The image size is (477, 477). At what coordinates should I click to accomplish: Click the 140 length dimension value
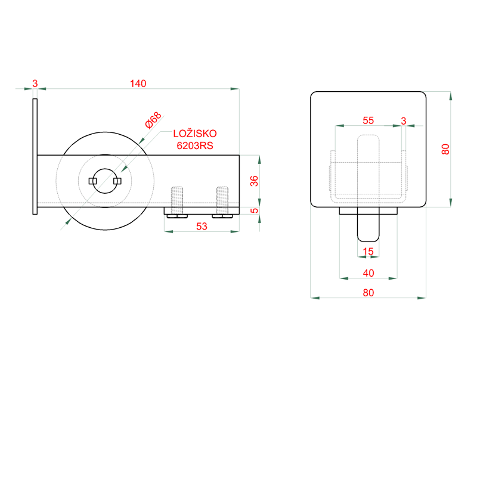[138, 83]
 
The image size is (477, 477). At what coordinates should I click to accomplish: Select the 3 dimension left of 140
[35, 83]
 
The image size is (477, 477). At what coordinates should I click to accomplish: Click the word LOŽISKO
[195, 134]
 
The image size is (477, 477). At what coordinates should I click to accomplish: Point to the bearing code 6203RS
[195, 145]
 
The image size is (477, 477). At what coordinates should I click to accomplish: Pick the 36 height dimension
[254, 181]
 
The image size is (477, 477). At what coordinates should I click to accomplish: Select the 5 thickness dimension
[254, 210]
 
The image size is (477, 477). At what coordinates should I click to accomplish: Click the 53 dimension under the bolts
[202, 226]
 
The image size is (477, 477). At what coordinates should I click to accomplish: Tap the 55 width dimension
[368, 120]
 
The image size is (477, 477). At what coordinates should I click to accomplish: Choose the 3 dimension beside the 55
[404, 120]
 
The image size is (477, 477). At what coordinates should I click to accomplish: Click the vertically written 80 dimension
[445, 149]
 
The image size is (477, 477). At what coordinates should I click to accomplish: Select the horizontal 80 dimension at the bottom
[368, 292]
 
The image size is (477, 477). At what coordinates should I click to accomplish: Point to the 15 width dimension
[368, 252]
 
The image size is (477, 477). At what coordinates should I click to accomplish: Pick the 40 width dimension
[368, 272]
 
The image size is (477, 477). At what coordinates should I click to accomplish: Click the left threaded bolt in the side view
[178, 200]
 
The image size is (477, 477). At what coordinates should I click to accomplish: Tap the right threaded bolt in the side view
[222, 200]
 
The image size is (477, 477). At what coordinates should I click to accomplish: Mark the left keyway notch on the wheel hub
[92, 181]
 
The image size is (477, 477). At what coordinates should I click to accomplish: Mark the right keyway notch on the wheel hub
[117, 181]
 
